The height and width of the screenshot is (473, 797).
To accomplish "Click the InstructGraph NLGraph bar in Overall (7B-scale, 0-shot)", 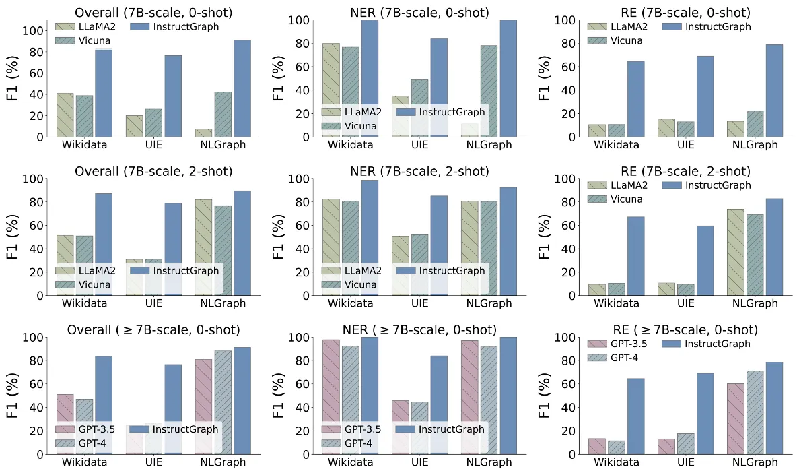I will coord(242,88).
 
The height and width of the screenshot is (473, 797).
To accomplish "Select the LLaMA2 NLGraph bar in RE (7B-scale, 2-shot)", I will coord(736,252).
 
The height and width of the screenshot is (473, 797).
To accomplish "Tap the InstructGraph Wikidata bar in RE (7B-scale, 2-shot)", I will coord(636,256).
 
